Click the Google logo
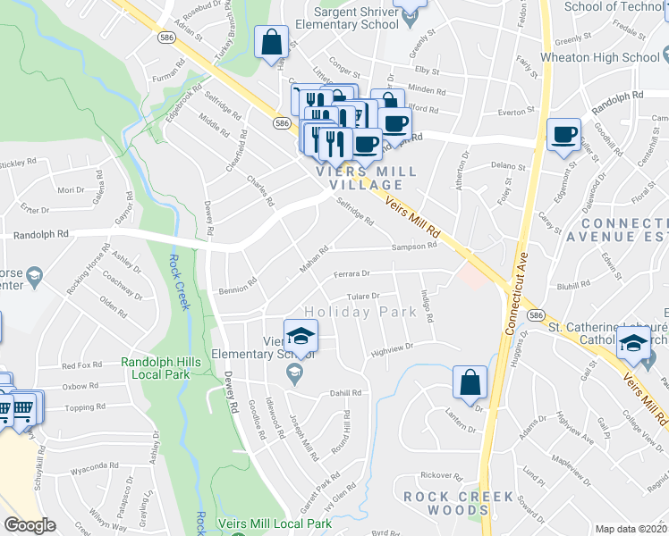click(x=30, y=525)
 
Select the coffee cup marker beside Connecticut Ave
click(x=563, y=136)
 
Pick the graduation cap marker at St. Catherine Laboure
click(x=633, y=342)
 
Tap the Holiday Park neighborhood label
click(x=360, y=312)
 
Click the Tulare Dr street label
click(x=364, y=296)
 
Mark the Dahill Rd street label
click(x=345, y=392)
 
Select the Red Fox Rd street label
click(x=82, y=365)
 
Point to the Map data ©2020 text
click(x=631, y=529)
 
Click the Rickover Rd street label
click(x=438, y=474)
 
